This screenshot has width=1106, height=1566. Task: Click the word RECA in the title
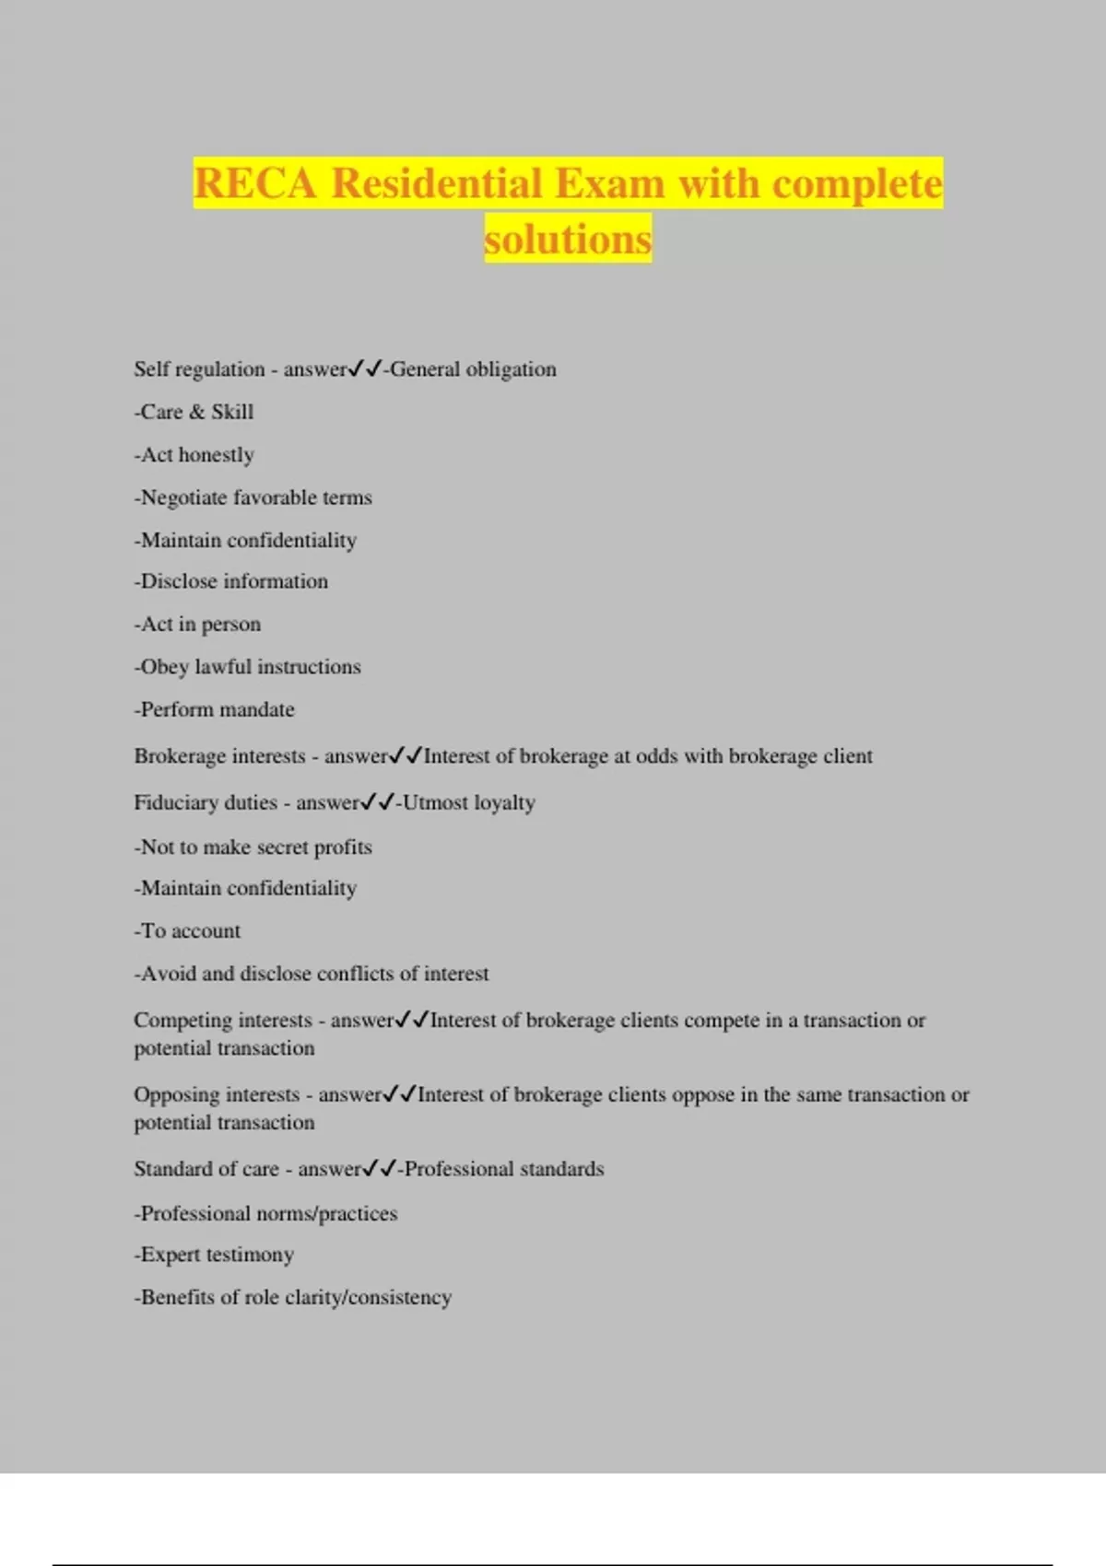click(x=254, y=183)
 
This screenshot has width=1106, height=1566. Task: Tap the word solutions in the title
click(x=568, y=240)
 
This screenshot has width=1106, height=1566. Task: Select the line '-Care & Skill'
click(x=194, y=412)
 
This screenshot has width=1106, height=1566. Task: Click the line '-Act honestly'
click(x=194, y=455)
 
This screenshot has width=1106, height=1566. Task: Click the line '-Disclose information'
click(x=230, y=581)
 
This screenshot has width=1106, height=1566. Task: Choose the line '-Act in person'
click(x=197, y=625)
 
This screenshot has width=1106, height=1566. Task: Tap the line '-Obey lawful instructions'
click(x=247, y=667)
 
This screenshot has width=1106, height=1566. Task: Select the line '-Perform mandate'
click(x=214, y=709)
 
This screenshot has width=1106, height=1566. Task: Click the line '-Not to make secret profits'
click(x=253, y=847)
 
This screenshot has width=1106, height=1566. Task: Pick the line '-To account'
click(x=187, y=931)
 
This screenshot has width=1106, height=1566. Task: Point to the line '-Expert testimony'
click(x=214, y=1255)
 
